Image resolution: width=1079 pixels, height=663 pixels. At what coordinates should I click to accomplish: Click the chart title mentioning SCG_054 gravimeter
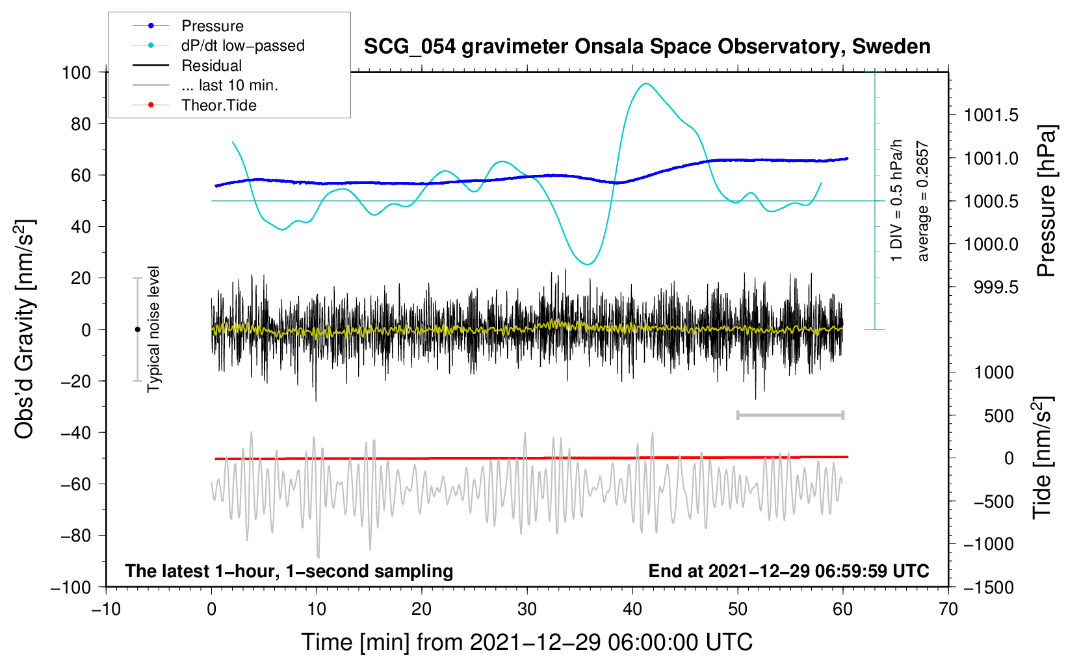(647, 47)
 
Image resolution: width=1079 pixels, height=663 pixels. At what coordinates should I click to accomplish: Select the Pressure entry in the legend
(213, 25)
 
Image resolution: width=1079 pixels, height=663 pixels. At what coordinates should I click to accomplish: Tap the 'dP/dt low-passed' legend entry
(243, 45)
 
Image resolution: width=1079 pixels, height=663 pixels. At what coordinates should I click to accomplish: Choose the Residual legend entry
(211, 66)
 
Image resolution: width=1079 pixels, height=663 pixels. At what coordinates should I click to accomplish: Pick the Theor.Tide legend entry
(218, 105)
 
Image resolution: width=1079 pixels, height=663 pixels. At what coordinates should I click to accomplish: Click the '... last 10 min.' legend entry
(229, 85)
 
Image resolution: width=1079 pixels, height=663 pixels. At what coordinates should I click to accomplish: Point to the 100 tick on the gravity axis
(76, 73)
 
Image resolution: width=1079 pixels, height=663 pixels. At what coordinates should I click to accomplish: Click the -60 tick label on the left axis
(75, 484)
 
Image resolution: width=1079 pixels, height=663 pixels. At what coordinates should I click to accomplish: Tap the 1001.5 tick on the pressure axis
(991, 115)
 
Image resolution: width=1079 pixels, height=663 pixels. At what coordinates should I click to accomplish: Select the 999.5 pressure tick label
(996, 287)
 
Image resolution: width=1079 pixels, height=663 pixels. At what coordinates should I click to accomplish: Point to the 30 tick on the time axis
(527, 610)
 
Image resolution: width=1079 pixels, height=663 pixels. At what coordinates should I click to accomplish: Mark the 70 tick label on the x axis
(948, 610)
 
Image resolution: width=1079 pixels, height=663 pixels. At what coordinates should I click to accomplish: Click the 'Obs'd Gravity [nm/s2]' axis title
(25, 329)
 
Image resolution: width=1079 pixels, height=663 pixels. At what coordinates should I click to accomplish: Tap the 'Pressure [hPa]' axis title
(1046, 201)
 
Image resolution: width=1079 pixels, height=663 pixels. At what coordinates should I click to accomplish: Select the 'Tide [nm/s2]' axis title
(1043, 458)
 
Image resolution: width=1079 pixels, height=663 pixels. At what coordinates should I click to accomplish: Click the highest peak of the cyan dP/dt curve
(645, 83)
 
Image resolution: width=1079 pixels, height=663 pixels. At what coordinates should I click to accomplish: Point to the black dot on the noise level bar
(137, 330)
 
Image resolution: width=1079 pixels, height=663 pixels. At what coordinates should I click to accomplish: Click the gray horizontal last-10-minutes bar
(790, 415)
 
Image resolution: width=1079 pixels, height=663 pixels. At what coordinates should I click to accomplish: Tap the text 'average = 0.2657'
(922, 201)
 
